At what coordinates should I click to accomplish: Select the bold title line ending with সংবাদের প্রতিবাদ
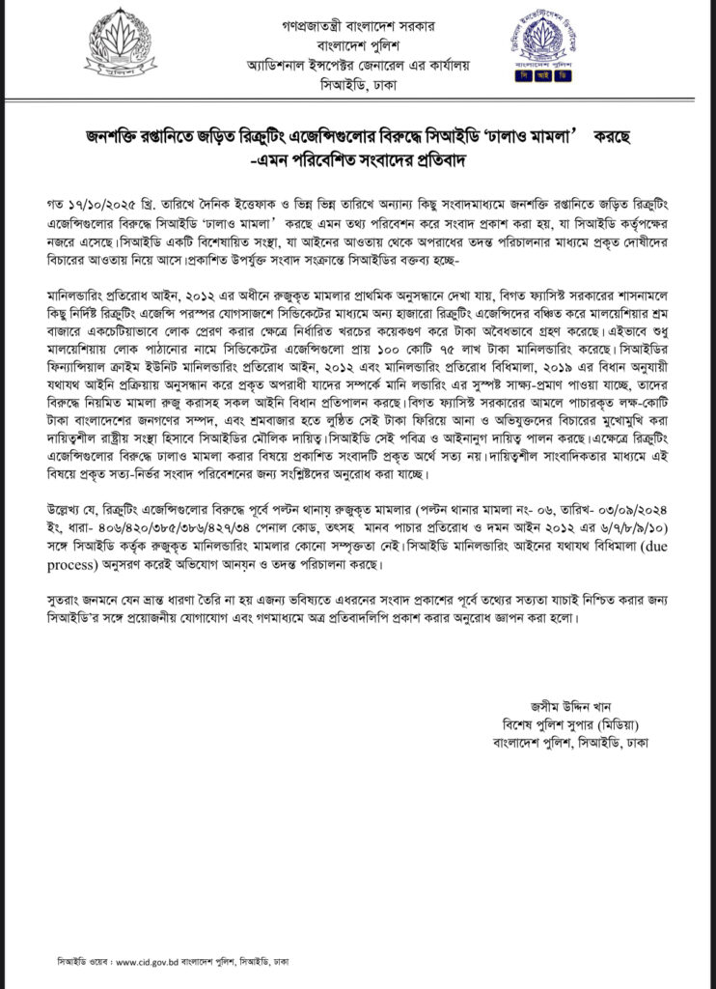click(357, 158)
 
